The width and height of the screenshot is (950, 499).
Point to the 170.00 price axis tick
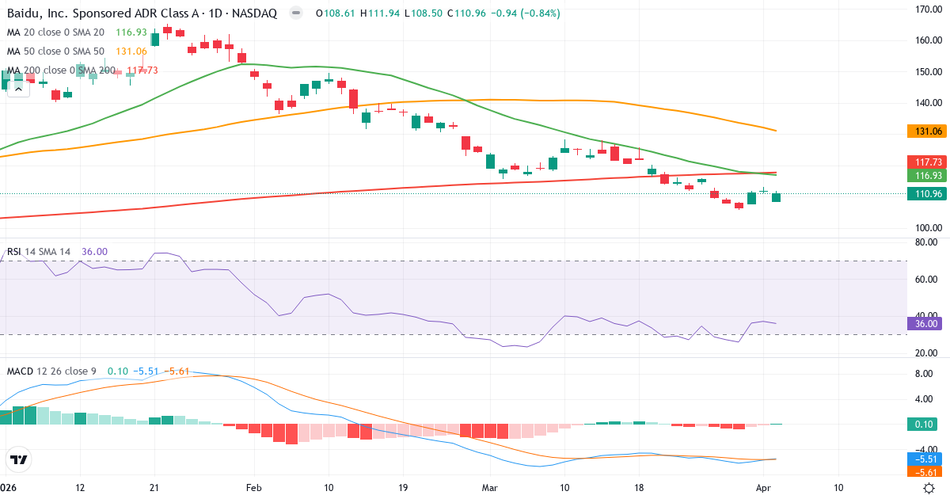[925, 10]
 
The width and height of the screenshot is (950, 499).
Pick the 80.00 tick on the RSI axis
[925, 242]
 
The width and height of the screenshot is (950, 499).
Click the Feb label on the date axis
[253, 488]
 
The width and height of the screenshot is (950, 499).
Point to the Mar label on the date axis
[490, 488]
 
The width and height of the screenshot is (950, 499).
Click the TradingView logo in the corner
[19, 459]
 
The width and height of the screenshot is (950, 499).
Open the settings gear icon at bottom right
[931, 488]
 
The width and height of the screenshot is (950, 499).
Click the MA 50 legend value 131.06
[131, 51]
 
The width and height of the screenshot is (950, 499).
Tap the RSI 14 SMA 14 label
[39, 252]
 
